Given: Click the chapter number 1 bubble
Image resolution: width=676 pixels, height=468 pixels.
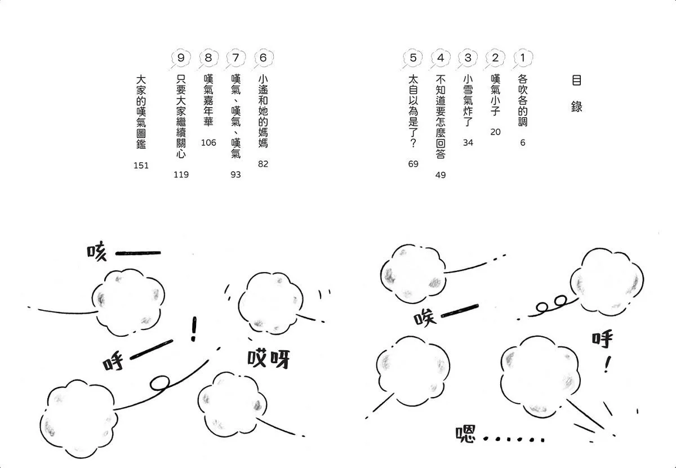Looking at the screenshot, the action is (523, 58).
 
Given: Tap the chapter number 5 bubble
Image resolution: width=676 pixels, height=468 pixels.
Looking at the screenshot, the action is (413, 58).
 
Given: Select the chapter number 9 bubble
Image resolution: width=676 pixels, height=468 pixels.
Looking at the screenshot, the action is (181, 58).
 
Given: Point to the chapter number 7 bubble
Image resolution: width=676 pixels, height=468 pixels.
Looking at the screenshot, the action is (235, 58).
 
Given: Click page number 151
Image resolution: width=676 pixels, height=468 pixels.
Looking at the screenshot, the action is (141, 166).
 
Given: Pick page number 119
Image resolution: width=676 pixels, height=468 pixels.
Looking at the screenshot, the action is (181, 175).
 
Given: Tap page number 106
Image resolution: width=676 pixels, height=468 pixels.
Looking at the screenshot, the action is (208, 142).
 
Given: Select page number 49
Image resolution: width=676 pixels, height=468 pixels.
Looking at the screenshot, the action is (441, 175).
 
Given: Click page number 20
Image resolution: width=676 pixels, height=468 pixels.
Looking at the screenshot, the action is (495, 132).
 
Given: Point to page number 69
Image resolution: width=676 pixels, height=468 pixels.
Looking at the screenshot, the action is (413, 164).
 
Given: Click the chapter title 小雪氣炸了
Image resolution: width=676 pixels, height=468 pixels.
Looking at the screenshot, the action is (468, 100).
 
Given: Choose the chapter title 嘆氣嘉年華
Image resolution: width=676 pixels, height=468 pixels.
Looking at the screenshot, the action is (208, 100).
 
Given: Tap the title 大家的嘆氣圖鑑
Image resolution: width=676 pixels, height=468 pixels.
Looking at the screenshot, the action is (141, 112).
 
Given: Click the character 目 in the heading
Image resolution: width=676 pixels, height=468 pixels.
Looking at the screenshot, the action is (576, 81).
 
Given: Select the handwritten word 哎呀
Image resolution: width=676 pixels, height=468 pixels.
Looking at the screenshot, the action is (268, 359).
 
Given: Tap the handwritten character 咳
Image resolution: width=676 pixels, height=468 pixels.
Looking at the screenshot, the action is (97, 251).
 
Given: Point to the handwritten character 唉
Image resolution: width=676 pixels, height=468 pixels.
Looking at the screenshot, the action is (425, 318).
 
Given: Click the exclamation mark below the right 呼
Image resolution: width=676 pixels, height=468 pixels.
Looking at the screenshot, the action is (607, 364).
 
